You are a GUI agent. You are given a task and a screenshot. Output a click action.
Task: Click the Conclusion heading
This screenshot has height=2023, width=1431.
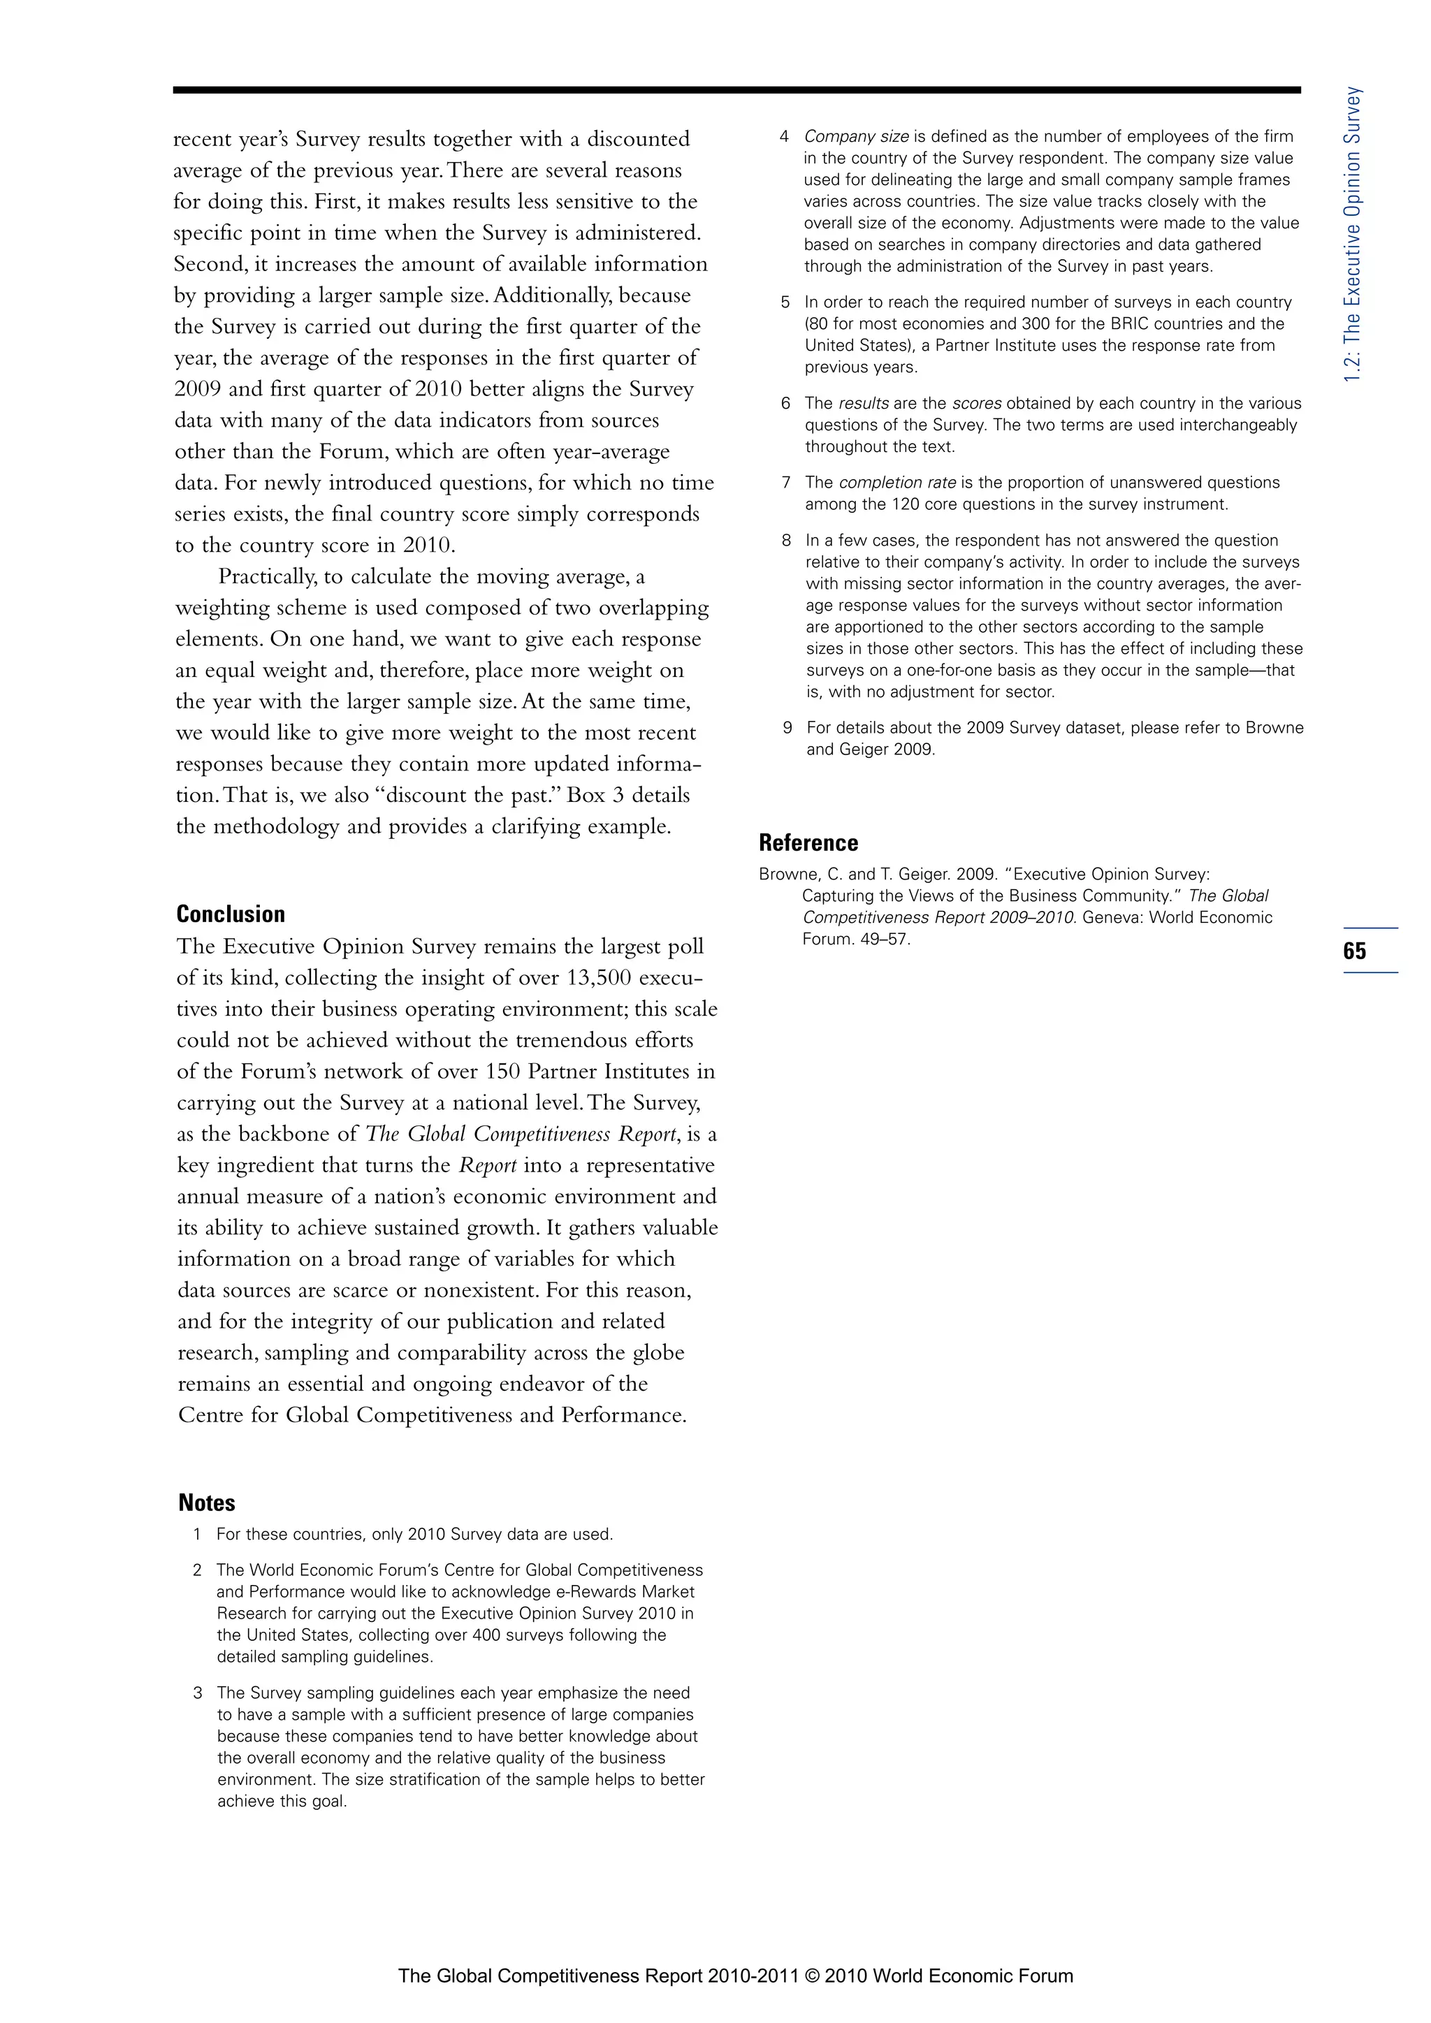231,914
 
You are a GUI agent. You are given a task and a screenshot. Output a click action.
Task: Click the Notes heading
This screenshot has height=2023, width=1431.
206,1503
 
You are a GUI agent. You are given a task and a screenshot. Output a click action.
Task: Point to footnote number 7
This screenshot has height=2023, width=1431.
786,483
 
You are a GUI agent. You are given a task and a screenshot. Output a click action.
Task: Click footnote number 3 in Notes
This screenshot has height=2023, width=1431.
198,1693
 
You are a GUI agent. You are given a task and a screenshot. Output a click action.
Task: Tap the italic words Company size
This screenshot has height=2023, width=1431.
856,137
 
